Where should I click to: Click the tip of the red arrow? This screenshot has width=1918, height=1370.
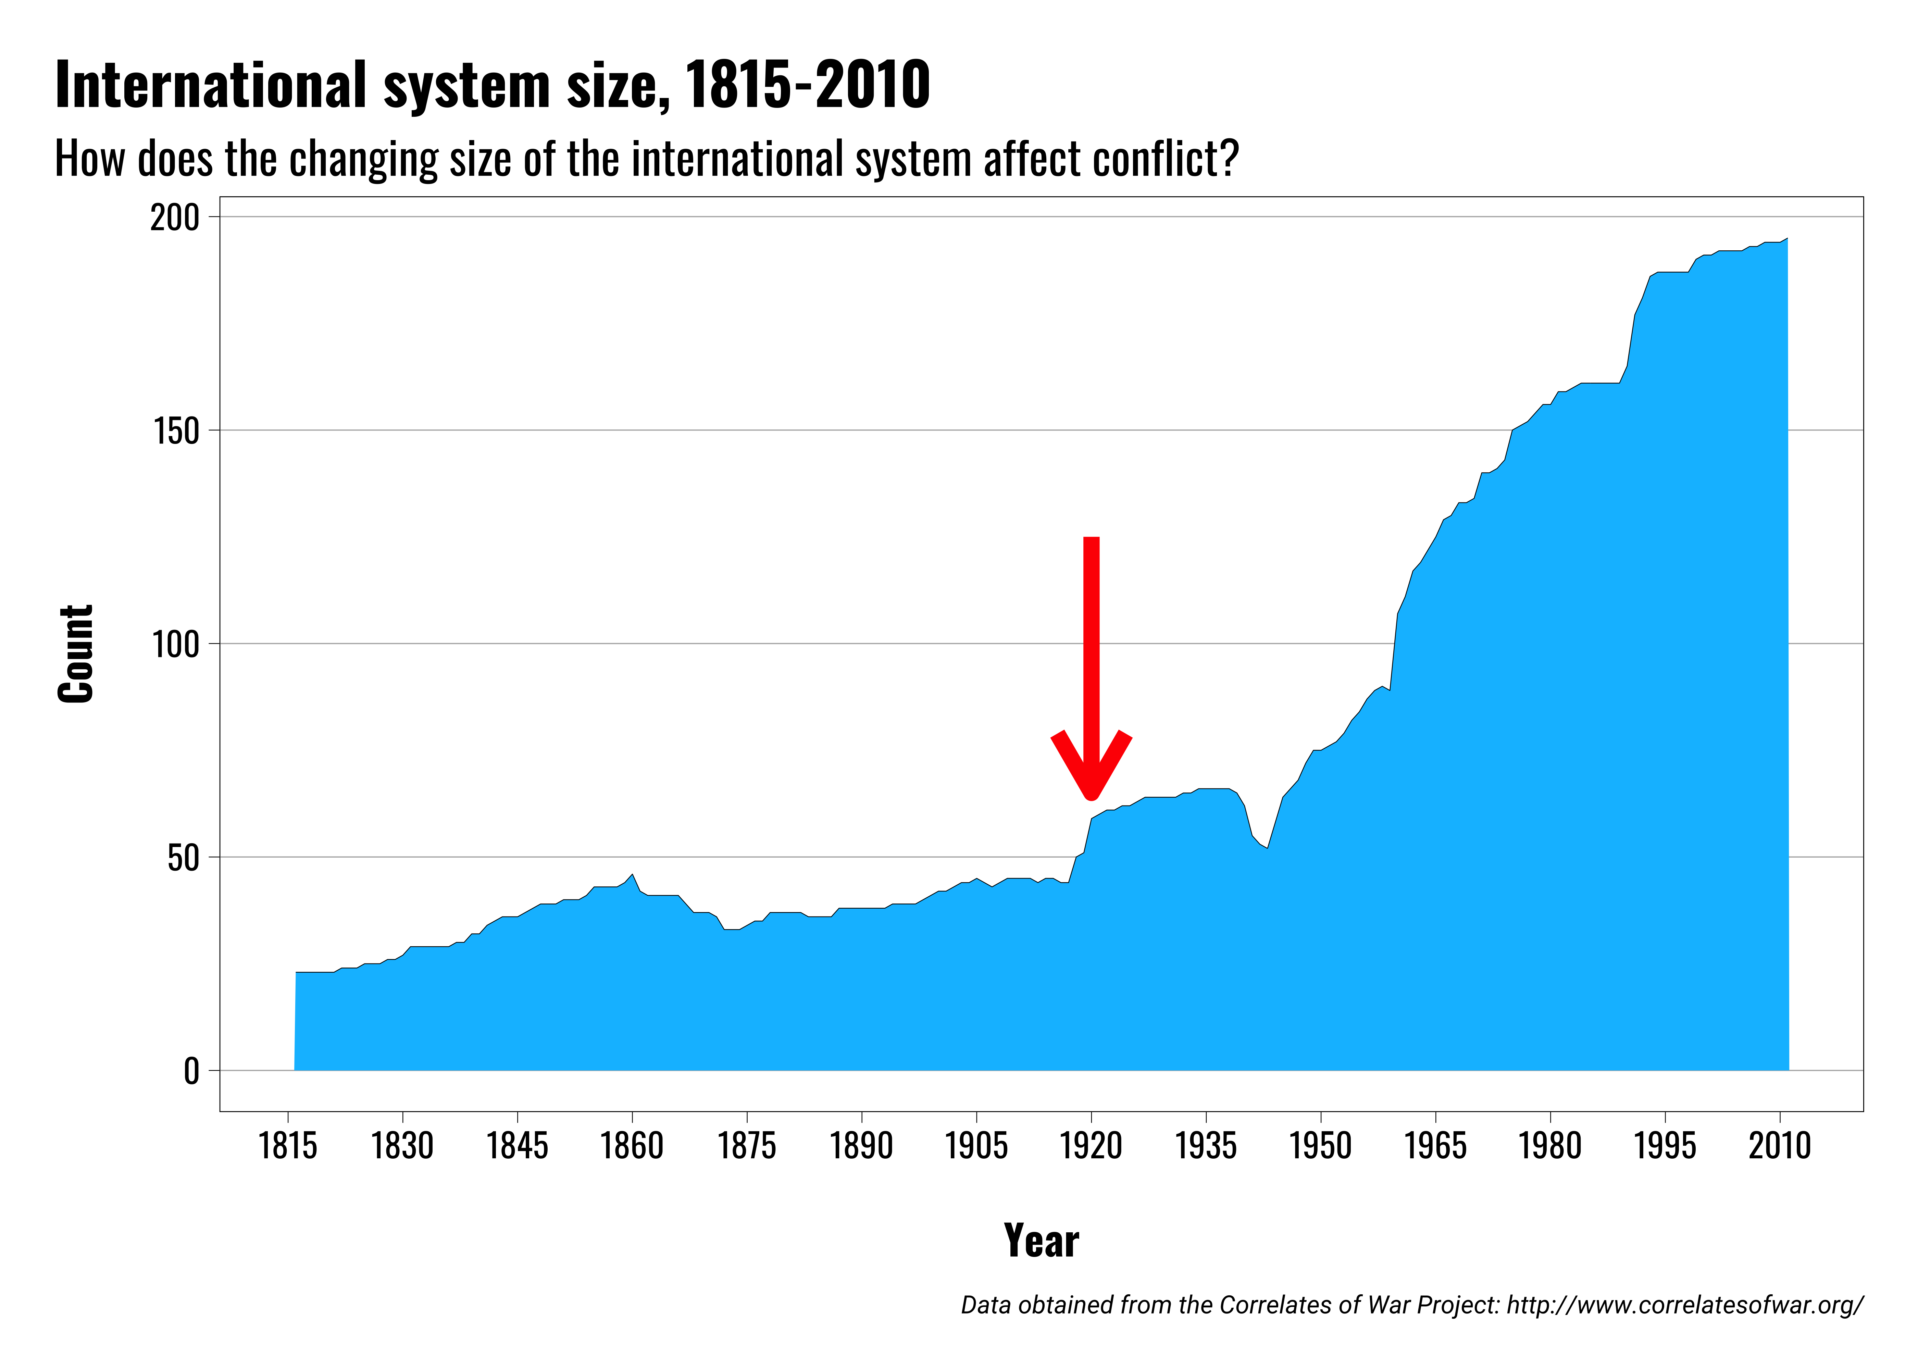click(x=1091, y=796)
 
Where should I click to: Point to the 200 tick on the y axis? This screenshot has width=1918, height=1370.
click(x=175, y=217)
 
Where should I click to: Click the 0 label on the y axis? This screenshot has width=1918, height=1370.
click(x=191, y=1071)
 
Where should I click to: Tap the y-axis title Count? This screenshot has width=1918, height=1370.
click(x=76, y=654)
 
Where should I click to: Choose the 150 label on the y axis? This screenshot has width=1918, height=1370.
click(x=175, y=431)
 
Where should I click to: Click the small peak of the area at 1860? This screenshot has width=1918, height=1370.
click(x=632, y=875)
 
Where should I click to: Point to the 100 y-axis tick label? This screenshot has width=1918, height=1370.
click(x=175, y=645)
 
